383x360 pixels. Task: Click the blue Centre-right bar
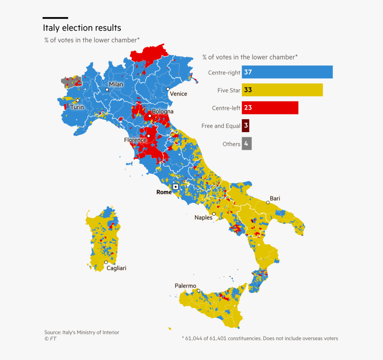point(287,72)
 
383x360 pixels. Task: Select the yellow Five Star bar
point(282,90)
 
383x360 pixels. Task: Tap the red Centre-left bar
point(270,108)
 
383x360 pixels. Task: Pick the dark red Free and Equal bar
point(246,126)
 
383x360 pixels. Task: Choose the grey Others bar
point(247,144)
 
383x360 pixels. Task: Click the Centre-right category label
point(224,72)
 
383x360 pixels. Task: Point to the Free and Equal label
point(220,126)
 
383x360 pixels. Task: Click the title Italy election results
point(82,28)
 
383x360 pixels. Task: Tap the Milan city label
point(116,84)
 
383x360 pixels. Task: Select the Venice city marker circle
point(168,89)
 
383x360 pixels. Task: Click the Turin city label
point(77,107)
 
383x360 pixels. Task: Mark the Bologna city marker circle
point(150,116)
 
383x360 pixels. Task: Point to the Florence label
point(135,140)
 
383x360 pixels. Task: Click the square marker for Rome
point(175,187)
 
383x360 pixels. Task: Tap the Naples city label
point(203,218)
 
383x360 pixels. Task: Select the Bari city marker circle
point(268,202)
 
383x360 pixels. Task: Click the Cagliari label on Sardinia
point(116,268)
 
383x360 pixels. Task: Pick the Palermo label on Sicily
point(186,286)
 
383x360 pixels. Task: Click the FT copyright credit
point(50,339)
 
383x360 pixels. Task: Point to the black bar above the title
point(55,18)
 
